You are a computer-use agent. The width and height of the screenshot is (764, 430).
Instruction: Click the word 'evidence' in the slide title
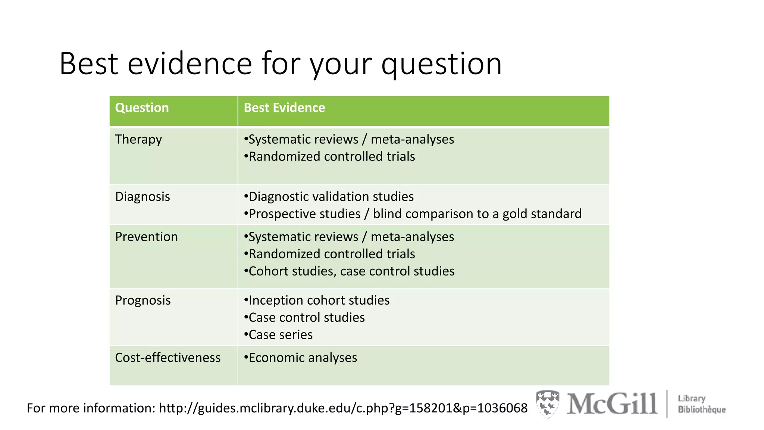tap(190, 64)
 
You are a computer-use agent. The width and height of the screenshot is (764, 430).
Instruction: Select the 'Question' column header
tap(142, 108)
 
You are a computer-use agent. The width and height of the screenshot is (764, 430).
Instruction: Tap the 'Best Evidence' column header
tap(284, 108)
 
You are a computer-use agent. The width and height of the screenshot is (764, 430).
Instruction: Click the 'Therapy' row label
tap(138, 140)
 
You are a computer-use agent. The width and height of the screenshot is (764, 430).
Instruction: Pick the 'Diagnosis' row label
tap(143, 197)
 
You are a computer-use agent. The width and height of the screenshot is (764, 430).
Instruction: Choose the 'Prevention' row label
tap(146, 237)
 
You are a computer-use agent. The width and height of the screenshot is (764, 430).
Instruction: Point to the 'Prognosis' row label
tap(143, 300)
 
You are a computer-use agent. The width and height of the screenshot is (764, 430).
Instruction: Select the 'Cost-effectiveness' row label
tap(167, 358)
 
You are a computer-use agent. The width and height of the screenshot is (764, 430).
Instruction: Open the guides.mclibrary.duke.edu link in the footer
tap(343, 408)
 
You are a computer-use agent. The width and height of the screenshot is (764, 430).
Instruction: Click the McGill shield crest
tap(547, 403)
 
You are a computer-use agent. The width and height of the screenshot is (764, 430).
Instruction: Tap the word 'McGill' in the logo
tap(612, 404)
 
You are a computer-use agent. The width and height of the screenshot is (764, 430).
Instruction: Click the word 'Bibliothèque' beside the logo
tap(702, 410)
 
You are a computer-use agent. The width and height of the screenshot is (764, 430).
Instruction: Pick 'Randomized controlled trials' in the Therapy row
tap(332, 157)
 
